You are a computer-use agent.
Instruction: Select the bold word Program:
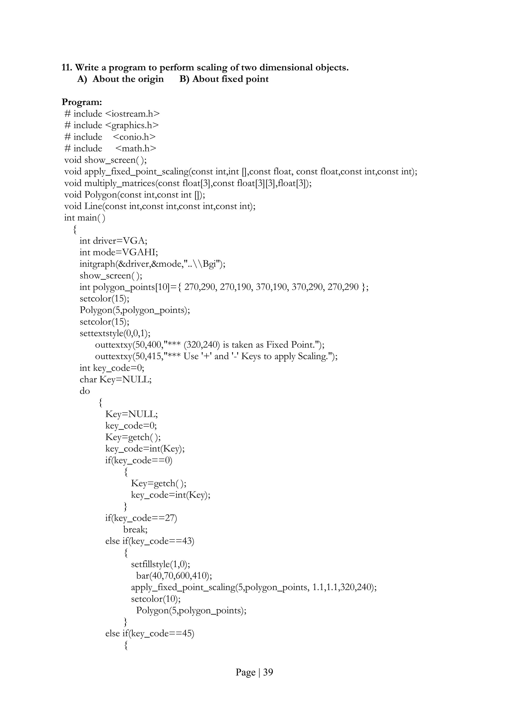[x=82, y=102]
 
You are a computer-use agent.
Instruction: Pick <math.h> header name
[x=135, y=149]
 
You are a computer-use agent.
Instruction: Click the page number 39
[x=268, y=672]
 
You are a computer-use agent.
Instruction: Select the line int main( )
[x=85, y=218]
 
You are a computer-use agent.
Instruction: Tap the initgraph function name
[x=97, y=264]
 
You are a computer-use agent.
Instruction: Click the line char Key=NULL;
[x=115, y=380]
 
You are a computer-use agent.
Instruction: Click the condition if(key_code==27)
[x=141, y=518]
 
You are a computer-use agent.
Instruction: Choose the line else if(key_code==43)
[x=150, y=541]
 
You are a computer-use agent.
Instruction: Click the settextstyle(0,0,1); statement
[x=115, y=333]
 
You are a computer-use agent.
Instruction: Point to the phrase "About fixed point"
[x=230, y=79]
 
